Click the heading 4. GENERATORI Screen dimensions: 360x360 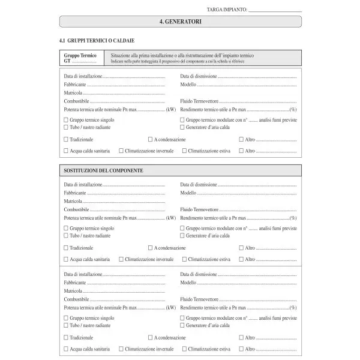(180, 22)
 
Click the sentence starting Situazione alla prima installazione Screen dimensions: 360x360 (186, 55)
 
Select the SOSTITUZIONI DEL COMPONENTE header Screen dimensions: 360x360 (103, 171)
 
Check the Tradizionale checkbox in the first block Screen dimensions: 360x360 (66, 139)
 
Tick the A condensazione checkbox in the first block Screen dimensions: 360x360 (151, 139)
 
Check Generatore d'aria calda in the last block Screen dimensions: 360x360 (182, 325)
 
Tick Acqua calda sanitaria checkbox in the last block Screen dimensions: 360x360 (66, 349)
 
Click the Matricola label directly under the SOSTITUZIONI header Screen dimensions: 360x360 (73, 201)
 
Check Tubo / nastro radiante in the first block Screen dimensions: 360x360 (66, 127)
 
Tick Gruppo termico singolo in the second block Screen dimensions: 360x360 (66, 229)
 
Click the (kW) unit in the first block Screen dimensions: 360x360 (172, 110)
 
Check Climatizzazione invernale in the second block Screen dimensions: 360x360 (121, 259)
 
